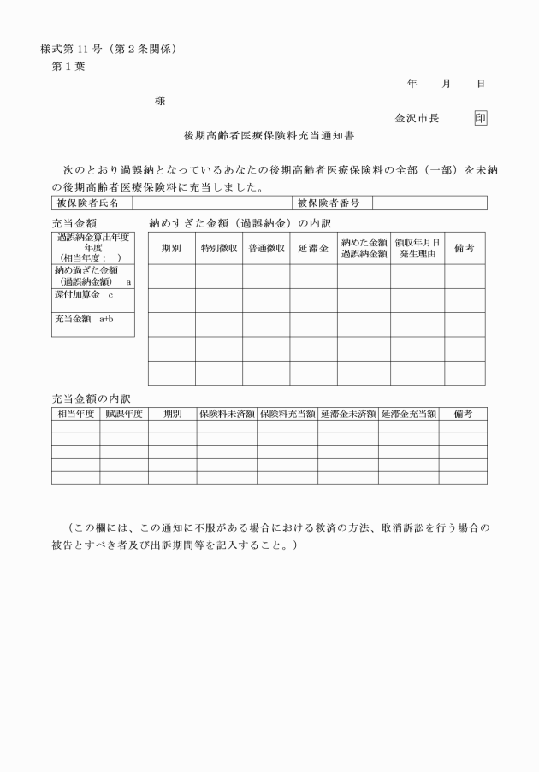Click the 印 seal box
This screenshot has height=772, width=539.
coord(481,118)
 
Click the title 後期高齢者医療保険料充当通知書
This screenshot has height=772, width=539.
coord(269,135)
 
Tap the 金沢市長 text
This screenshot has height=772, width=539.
coord(417,118)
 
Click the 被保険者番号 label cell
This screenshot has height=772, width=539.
coord(329,203)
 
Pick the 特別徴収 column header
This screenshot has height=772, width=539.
coord(218,248)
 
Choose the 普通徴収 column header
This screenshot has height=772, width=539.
coord(266,248)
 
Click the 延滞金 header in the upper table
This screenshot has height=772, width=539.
coord(313,248)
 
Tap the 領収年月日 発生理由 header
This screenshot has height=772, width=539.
coord(418,248)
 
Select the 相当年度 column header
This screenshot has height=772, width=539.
coord(75,414)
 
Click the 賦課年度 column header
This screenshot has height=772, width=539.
coord(123,414)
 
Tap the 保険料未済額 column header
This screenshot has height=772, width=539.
coord(227,414)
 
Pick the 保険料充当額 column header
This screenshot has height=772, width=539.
coord(287,414)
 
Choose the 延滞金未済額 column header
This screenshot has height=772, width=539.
coord(347,414)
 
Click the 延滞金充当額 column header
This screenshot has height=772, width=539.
coord(409,414)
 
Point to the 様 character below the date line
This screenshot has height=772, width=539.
coord(160,101)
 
